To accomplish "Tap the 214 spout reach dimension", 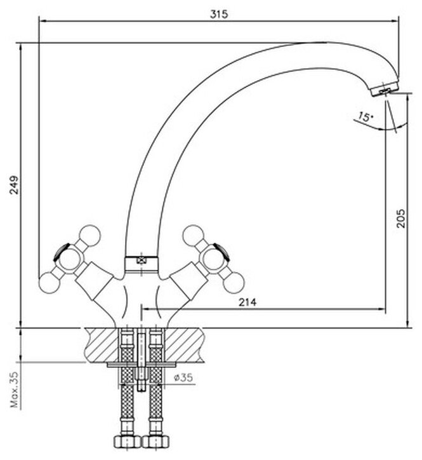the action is pyautogui.click(x=247, y=303).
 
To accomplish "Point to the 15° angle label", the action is pyautogui.click(x=364, y=117).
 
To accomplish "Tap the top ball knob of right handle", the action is pyautogui.click(x=192, y=234).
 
